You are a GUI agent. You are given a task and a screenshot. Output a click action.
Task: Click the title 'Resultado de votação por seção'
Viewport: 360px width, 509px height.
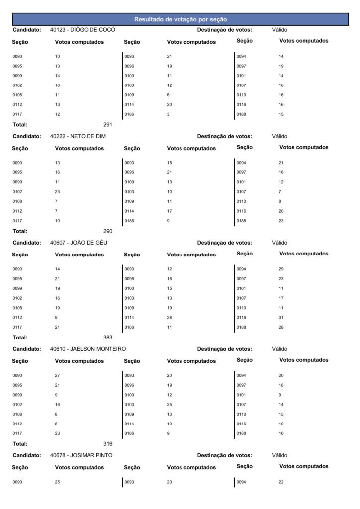(x=180, y=19)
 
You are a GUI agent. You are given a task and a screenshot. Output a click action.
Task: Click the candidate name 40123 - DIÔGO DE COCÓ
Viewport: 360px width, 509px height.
(x=83, y=30)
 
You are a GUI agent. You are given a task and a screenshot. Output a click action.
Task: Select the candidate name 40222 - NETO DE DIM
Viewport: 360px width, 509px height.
(x=78, y=136)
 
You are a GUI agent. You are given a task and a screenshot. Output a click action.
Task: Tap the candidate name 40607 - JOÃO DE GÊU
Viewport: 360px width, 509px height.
(x=79, y=243)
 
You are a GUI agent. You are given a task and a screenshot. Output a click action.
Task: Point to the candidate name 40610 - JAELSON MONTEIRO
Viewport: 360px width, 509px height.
(x=88, y=349)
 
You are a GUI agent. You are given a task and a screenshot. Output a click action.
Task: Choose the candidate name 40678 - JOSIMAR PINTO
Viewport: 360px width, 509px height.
(x=81, y=455)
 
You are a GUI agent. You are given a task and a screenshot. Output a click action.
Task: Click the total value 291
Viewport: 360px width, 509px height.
(x=108, y=125)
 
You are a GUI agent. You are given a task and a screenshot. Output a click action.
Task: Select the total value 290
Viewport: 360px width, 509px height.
(x=108, y=231)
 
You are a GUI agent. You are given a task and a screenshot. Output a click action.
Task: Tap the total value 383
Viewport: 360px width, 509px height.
(x=108, y=338)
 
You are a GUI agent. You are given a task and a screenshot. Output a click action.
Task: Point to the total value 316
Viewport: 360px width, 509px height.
(x=108, y=444)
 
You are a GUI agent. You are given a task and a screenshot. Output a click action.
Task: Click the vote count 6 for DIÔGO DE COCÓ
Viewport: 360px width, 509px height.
(x=169, y=95)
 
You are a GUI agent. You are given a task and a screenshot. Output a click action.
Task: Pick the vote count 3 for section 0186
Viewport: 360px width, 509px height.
(x=169, y=114)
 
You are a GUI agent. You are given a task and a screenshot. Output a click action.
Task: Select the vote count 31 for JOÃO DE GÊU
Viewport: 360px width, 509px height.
(x=281, y=317)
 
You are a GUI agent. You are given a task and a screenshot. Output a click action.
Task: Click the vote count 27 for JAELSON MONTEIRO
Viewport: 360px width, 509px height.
(x=57, y=376)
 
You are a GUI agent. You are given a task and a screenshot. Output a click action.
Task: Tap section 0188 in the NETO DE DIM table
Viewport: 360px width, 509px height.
(x=241, y=221)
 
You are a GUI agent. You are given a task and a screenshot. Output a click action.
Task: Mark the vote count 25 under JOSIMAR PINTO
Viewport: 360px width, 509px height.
(x=57, y=482)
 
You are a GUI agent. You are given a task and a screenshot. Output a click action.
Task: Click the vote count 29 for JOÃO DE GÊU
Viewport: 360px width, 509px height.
(x=281, y=269)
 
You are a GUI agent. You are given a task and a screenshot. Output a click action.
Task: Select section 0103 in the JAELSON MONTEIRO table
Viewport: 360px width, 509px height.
(x=129, y=405)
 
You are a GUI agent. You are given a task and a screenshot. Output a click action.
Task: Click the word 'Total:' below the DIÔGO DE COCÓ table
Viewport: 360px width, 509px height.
(x=20, y=125)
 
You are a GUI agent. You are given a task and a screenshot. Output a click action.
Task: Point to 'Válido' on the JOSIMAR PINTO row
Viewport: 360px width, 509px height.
(x=280, y=455)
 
